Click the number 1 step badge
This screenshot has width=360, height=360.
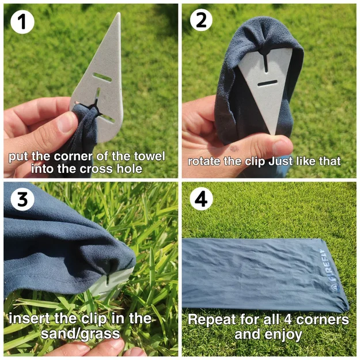tap(22, 22)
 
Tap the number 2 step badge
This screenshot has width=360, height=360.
tap(201, 20)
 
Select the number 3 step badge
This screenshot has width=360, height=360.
tap(22, 199)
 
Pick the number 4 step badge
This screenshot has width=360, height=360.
tap(201, 199)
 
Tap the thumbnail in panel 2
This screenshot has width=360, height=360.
tap(281, 146)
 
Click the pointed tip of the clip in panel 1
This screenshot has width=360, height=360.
tap(119, 13)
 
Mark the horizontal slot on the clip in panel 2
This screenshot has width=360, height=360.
tap(267, 84)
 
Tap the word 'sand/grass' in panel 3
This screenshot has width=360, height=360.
tap(81, 334)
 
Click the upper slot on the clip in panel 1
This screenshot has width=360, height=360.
tap(102, 77)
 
